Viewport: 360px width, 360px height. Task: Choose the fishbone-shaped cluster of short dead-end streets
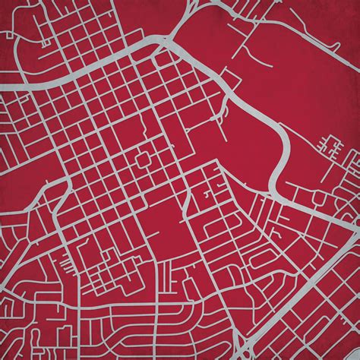[x=330, y=147]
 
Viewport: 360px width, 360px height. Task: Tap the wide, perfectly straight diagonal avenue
[x=304, y=304]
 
